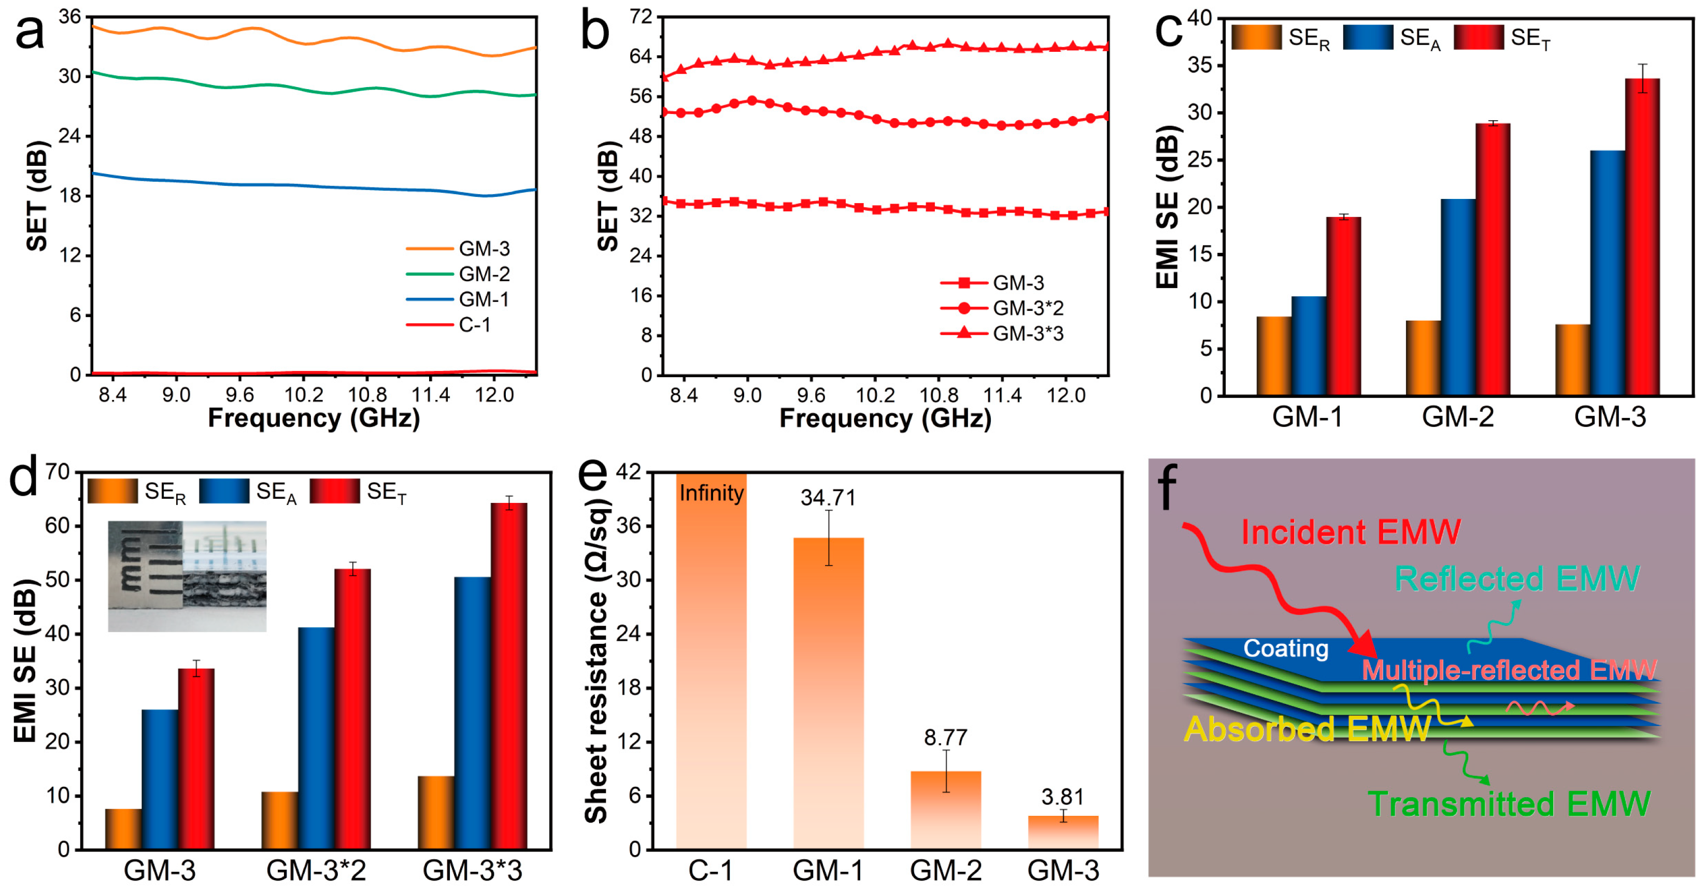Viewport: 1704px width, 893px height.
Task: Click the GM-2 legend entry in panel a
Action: pos(484,273)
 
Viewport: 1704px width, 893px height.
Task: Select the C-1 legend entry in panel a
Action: pos(474,325)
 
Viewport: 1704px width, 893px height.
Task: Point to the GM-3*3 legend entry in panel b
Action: pos(1027,333)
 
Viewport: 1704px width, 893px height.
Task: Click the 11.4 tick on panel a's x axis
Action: pos(431,395)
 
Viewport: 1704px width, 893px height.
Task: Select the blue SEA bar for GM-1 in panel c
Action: pos(1309,345)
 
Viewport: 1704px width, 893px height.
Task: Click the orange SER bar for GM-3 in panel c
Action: pos(1572,359)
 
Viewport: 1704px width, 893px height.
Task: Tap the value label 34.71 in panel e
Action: pos(828,497)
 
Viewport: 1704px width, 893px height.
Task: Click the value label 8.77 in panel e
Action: pos(945,737)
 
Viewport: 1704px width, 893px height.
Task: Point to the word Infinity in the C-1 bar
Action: pos(711,493)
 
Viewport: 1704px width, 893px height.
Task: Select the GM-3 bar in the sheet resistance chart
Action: pos(1063,832)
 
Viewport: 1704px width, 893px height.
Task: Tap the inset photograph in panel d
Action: pos(187,575)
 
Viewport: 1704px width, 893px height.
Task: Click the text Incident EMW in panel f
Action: pos(1350,532)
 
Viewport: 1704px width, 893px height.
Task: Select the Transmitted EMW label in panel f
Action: pos(1509,804)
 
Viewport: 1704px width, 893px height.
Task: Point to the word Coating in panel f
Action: pos(1285,649)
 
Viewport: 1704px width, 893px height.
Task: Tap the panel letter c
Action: pos(1168,30)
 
